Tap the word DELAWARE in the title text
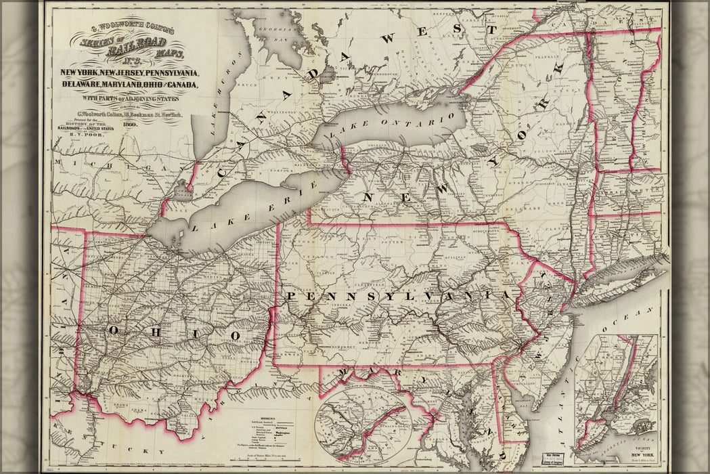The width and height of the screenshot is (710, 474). [81, 85]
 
